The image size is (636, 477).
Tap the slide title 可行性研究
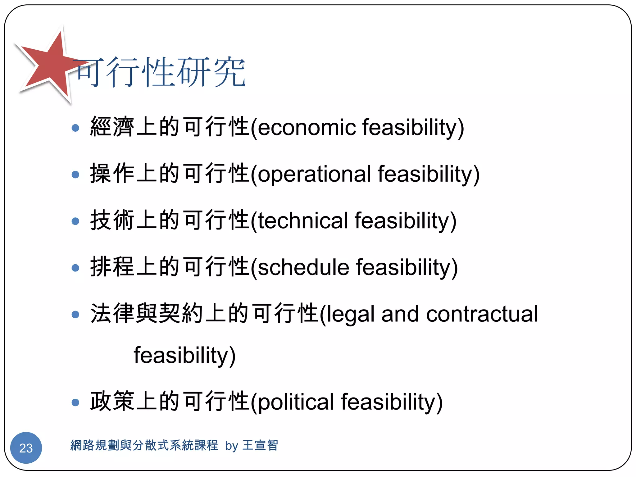tap(160, 72)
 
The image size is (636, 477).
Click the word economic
tap(307, 127)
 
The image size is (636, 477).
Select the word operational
tap(314, 174)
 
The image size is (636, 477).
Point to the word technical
tap(303, 220)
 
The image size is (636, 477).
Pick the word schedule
tap(303, 267)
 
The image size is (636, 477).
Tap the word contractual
tap(482, 314)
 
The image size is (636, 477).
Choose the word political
tap(296, 402)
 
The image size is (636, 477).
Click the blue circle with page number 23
tap(26, 448)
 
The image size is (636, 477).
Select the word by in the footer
tap(232, 446)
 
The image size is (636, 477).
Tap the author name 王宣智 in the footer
tap(260, 445)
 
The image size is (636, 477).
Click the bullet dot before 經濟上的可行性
tap(75, 128)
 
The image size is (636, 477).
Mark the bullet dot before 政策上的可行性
tap(75, 402)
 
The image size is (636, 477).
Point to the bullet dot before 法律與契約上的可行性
tap(75, 315)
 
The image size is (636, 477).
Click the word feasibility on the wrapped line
tap(184, 355)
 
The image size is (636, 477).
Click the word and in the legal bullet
tap(400, 314)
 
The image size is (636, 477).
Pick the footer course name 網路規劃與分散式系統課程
tap(144, 445)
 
